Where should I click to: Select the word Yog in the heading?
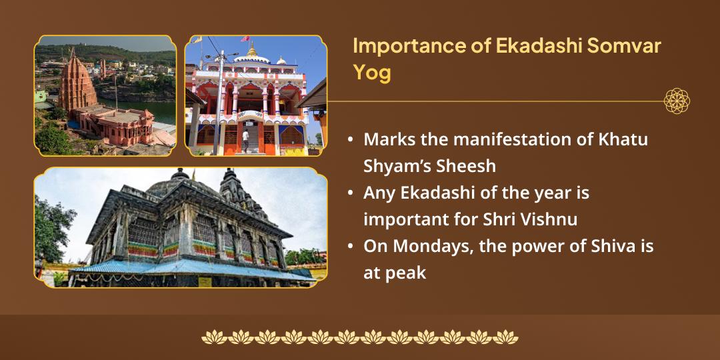(x=371, y=72)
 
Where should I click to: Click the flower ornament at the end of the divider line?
(x=677, y=101)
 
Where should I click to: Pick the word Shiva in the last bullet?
(x=611, y=245)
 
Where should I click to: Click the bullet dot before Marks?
(x=351, y=141)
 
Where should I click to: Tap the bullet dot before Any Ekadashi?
(x=351, y=193)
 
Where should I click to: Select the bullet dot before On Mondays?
(x=351, y=246)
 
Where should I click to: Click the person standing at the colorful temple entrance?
(x=245, y=138)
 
